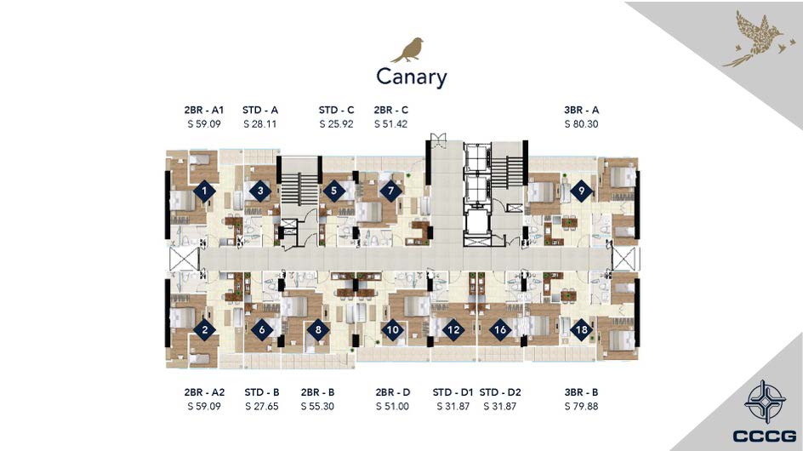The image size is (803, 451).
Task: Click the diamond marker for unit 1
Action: coord(204,191)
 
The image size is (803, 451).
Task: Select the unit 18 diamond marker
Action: coord(581,329)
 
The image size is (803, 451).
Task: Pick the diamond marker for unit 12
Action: coord(453,329)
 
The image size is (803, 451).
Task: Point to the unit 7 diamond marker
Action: coord(390,191)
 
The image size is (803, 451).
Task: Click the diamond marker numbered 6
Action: coord(262,329)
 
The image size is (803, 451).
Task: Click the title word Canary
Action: coord(411,77)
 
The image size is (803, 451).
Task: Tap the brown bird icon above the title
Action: coord(407,49)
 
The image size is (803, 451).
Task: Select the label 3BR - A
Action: coord(581,110)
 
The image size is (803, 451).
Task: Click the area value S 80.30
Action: coord(581,124)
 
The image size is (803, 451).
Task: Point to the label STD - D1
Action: coord(453,392)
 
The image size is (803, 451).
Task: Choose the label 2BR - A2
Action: coord(204,392)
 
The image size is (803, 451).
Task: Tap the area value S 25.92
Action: coord(337,124)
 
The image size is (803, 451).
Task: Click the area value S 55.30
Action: coord(317,407)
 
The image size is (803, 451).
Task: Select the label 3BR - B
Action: coord(581,392)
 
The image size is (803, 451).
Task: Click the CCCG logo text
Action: coord(764,437)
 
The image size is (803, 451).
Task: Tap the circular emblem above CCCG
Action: coord(765,402)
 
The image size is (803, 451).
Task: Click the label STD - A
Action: coord(260,110)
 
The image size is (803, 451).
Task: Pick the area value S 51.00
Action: coord(392,407)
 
